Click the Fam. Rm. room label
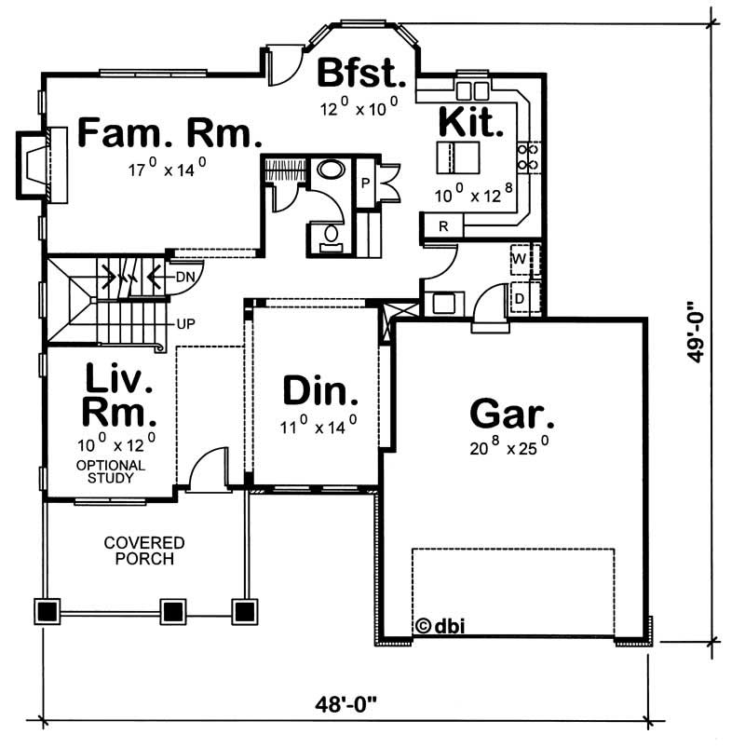(x=169, y=133)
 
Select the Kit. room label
(x=471, y=121)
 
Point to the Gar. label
(x=512, y=413)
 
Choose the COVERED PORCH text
(x=144, y=551)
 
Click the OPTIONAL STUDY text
(x=111, y=471)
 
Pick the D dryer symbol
(x=520, y=297)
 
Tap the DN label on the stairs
(x=184, y=277)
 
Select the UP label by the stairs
(x=185, y=325)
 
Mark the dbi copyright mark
(x=435, y=626)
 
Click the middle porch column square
(x=172, y=611)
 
